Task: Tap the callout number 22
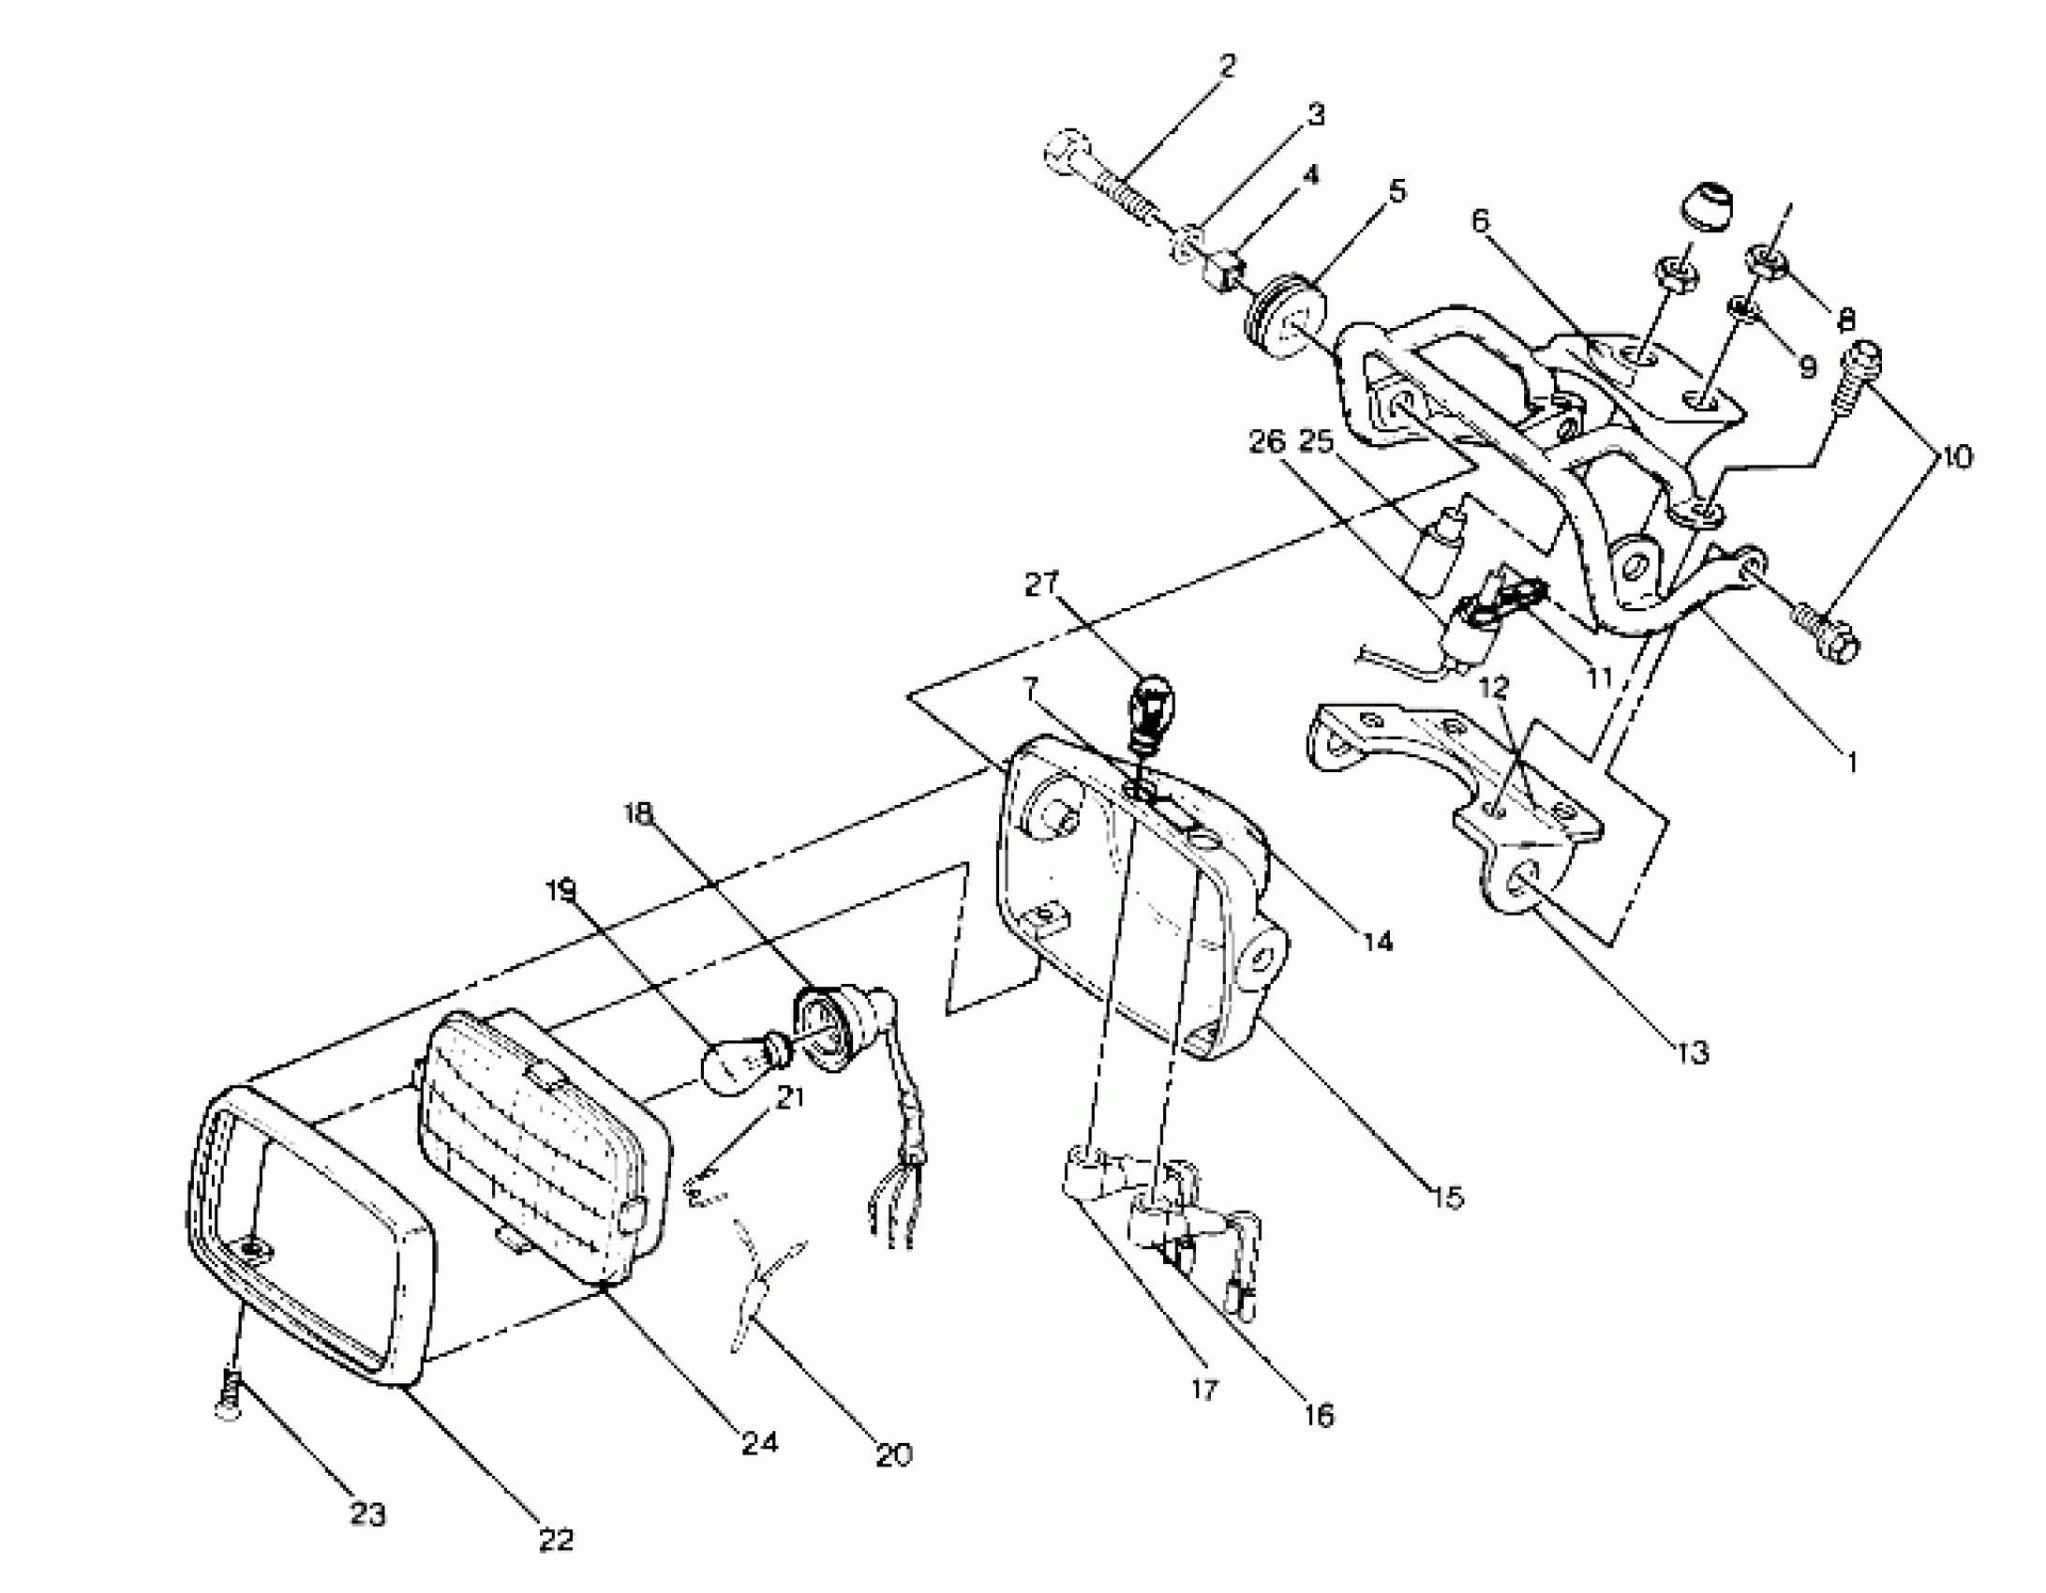[556, 1539]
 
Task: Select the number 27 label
[1041, 585]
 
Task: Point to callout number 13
[1693, 1052]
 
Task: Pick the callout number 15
[1448, 1197]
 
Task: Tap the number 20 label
[893, 1454]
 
